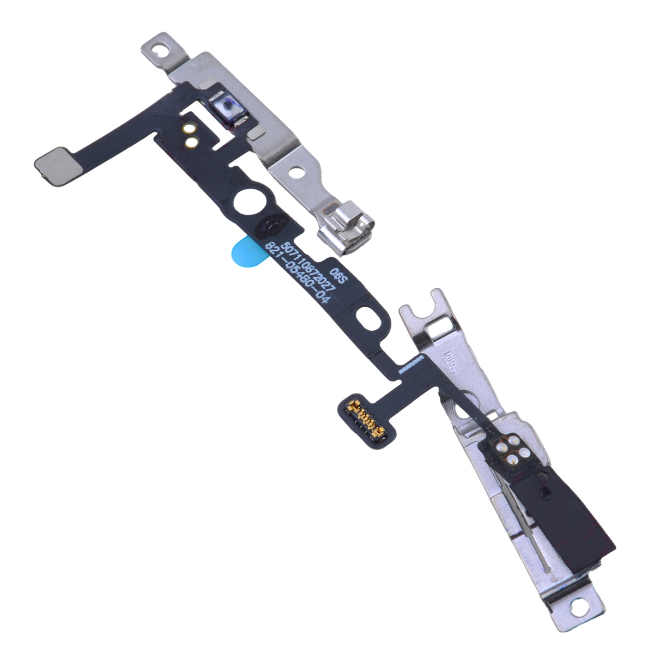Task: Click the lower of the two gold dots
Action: pos(190,143)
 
